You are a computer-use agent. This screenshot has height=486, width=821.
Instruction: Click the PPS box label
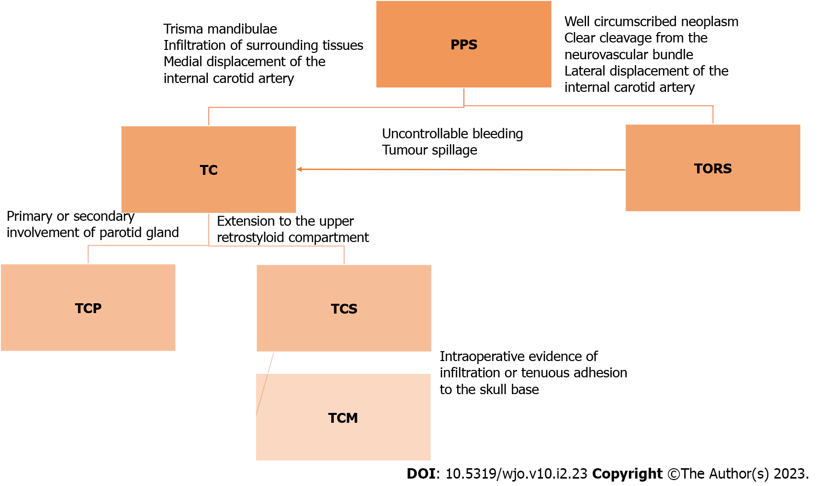(464, 45)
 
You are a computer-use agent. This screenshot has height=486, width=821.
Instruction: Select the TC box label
(208, 170)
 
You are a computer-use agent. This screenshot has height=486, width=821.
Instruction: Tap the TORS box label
(712, 169)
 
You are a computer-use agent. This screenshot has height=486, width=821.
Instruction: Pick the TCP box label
(88, 309)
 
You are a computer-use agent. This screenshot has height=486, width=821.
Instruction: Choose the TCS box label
(344, 309)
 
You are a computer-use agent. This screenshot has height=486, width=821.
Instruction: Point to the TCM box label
(343, 418)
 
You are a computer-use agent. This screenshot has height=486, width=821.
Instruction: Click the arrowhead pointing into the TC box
(299, 169)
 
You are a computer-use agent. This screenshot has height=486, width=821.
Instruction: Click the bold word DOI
(421, 474)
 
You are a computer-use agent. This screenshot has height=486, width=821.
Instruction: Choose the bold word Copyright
(627, 474)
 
